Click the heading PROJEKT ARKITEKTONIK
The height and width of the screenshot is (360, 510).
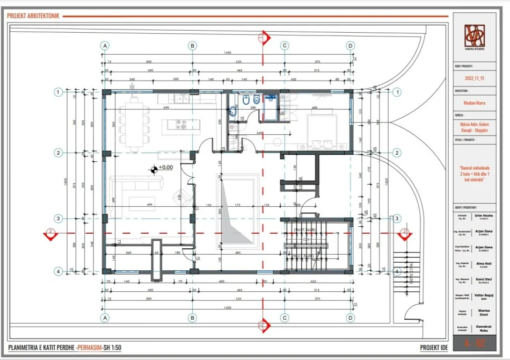tap(33, 16)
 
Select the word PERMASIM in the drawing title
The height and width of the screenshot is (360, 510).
tap(94, 348)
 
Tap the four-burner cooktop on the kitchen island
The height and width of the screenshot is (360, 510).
tap(180, 125)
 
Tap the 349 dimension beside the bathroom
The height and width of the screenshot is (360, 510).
tap(259, 133)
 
